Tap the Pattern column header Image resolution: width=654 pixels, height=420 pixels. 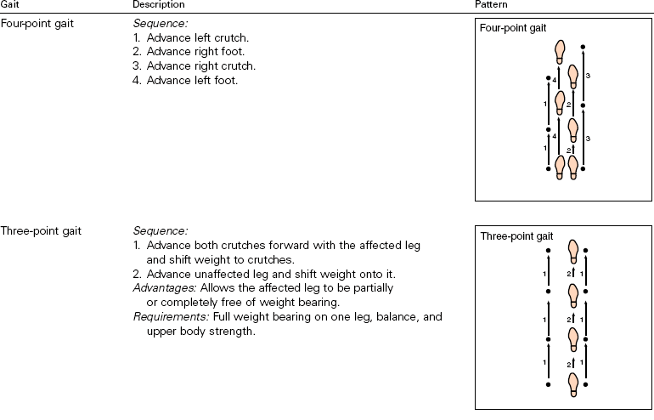(x=490, y=5)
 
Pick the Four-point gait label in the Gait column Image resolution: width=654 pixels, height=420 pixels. (x=37, y=23)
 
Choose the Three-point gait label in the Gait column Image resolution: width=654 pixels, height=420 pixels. (x=40, y=230)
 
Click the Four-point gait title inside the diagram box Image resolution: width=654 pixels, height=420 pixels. (x=513, y=29)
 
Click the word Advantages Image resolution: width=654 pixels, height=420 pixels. (x=162, y=288)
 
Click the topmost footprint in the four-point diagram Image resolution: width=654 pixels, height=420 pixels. (x=560, y=51)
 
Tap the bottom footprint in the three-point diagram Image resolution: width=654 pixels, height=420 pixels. (x=573, y=385)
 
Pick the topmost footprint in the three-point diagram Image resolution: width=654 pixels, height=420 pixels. (x=573, y=251)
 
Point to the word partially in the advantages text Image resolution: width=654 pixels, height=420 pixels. (x=397, y=288)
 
